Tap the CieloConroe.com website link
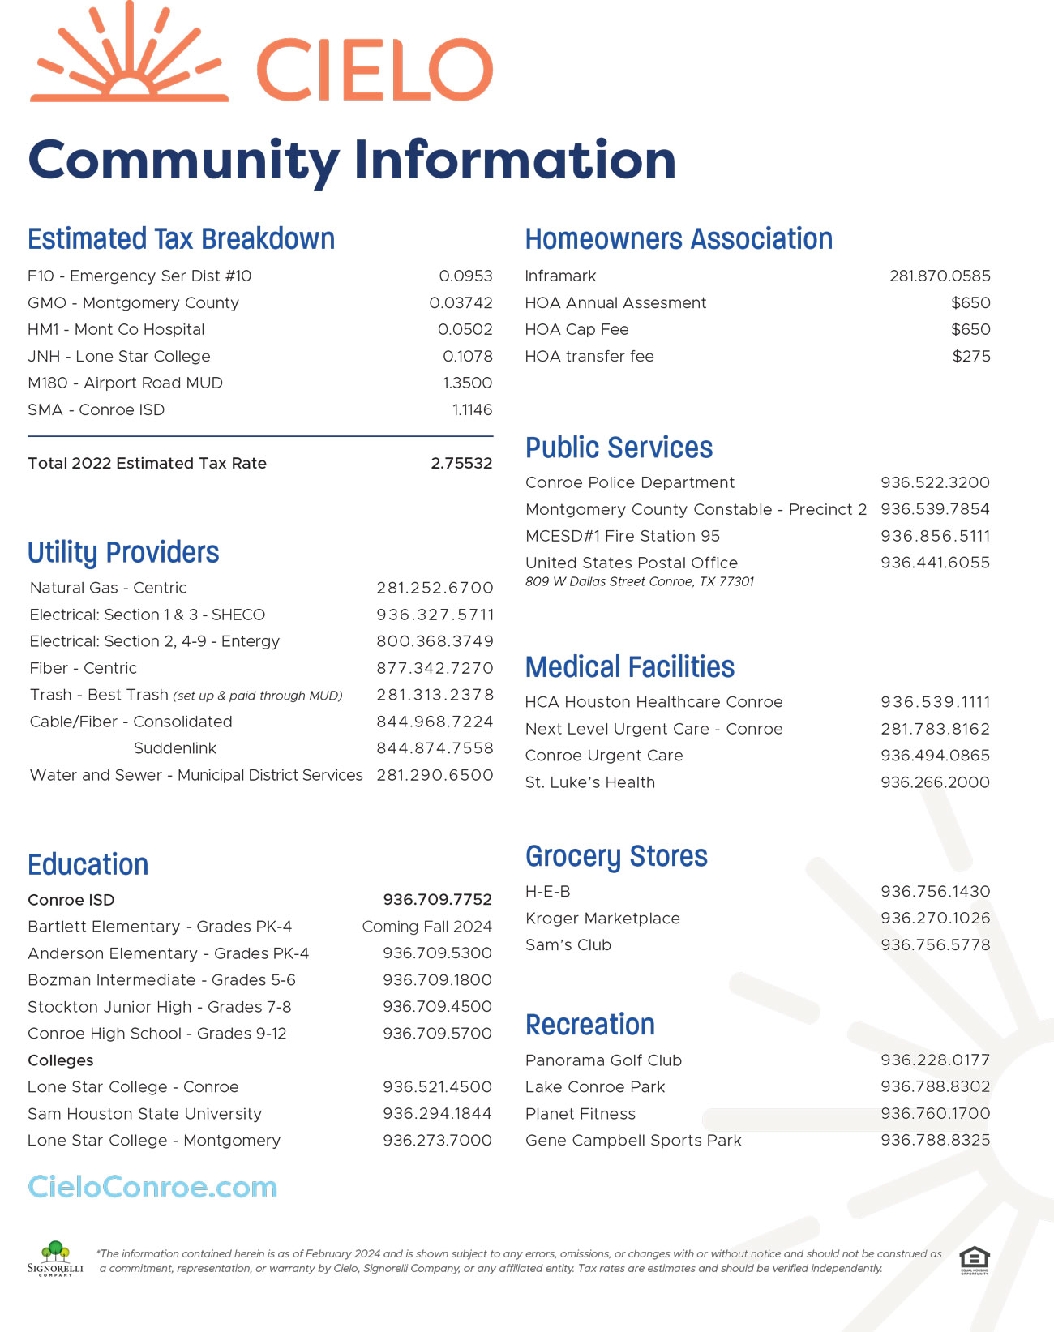[x=152, y=1187]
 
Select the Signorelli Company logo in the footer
[x=55, y=1258]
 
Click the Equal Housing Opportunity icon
[x=974, y=1260]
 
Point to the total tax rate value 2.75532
[x=461, y=463]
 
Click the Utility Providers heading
[x=123, y=553]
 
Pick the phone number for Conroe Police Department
[x=935, y=482]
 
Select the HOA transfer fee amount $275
[x=971, y=356]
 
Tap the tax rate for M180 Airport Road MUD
[x=467, y=383]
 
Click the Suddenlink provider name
[x=174, y=748]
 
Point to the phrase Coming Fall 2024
[x=426, y=927]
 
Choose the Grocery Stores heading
[x=616, y=857]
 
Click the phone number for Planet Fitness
[x=935, y=1113]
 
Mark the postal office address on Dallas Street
[x=640, y=581]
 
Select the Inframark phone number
[x=940, y=276]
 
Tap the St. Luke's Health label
[x=590, y=782]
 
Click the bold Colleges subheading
[x=61, y=1060]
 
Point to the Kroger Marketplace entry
[x=602, y=918]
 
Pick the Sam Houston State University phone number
[x=437, y=1113]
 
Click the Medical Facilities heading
[x=630, y=667]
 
